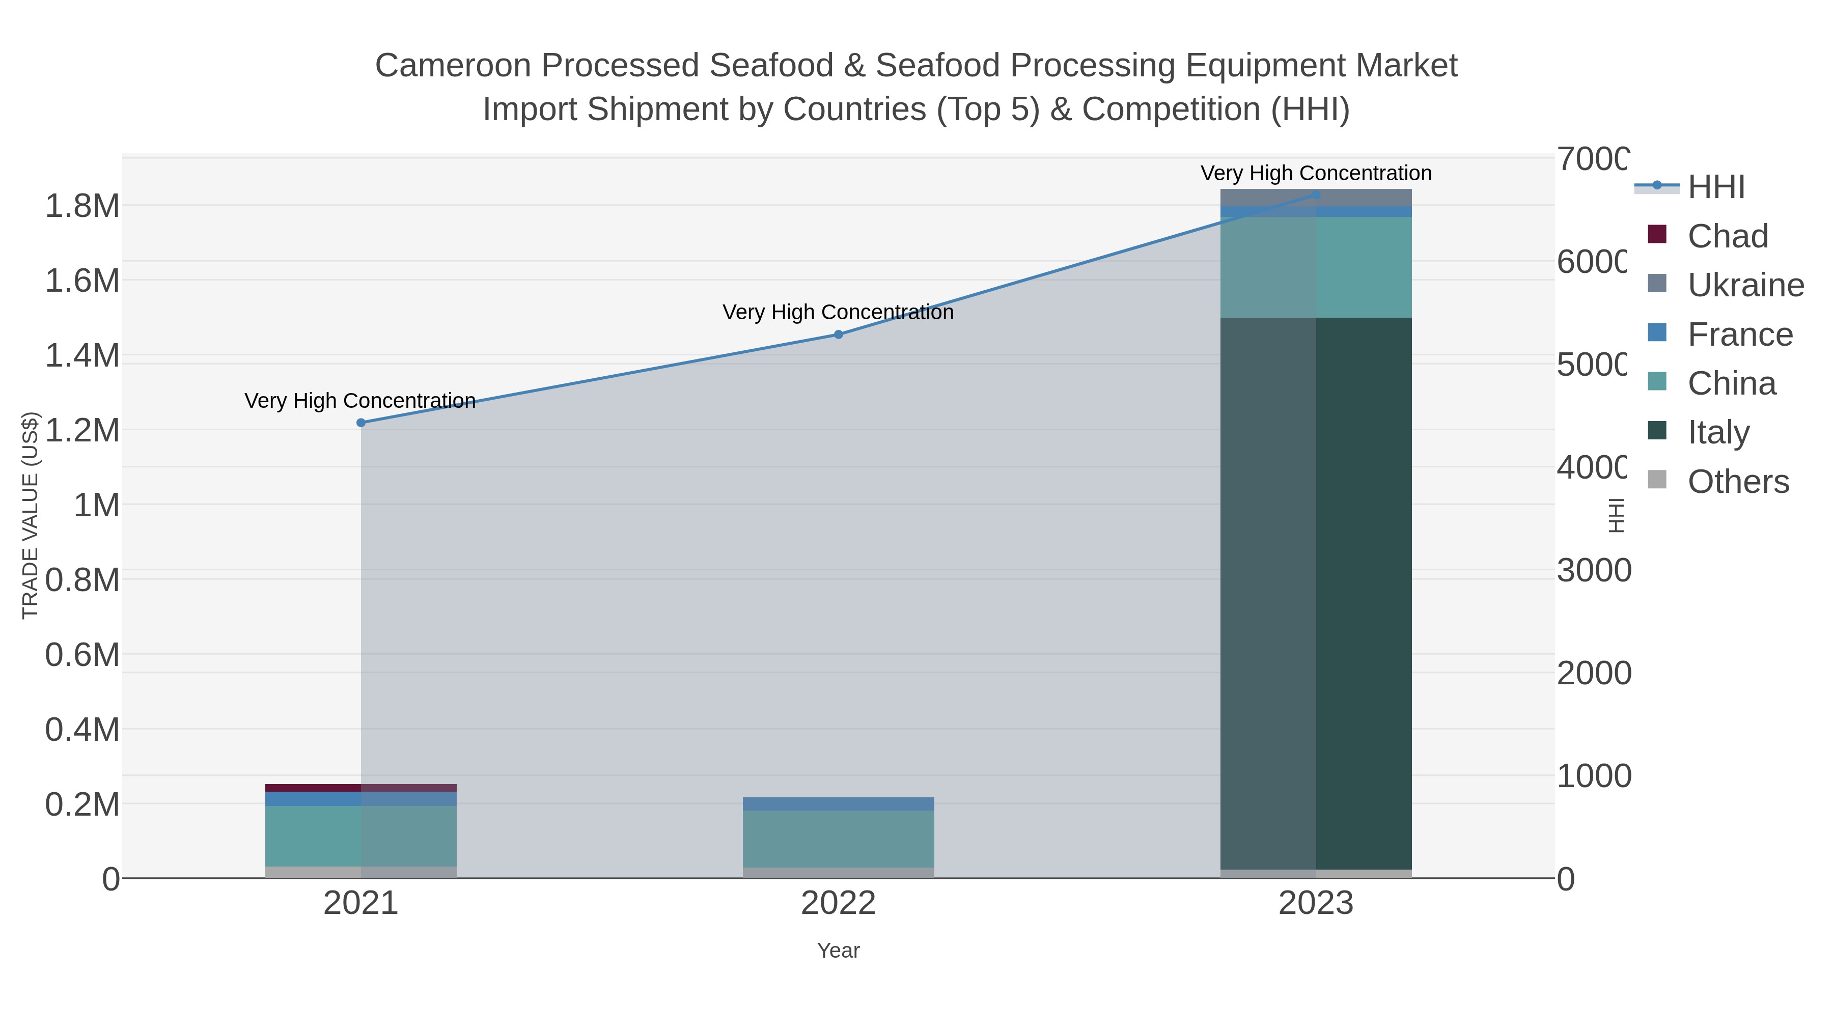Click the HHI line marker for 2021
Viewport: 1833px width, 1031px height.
[x=361, y=423]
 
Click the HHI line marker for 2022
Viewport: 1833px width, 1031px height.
[x=838, y=335]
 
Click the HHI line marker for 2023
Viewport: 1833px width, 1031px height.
[x=1316, y=194]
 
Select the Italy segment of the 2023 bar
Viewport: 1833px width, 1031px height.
[x=1316, y=594]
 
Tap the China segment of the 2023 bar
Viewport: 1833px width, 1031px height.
[x=1316, y=267]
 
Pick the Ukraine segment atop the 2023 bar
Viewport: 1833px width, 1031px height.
[x=1316, y=197]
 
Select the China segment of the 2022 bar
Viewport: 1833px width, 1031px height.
[x=838, y=838]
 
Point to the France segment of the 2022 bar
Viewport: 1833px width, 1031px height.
[x=838, y=804]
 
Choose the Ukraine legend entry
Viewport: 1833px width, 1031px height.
[x=1745, y=285]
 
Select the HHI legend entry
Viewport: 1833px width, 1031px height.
[x=1715, y=187]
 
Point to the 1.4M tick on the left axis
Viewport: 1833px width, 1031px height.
[x=82, y=355]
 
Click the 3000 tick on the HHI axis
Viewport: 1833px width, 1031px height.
[x=1593, y=571]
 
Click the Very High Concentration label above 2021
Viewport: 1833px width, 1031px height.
[x=360, y=401]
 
